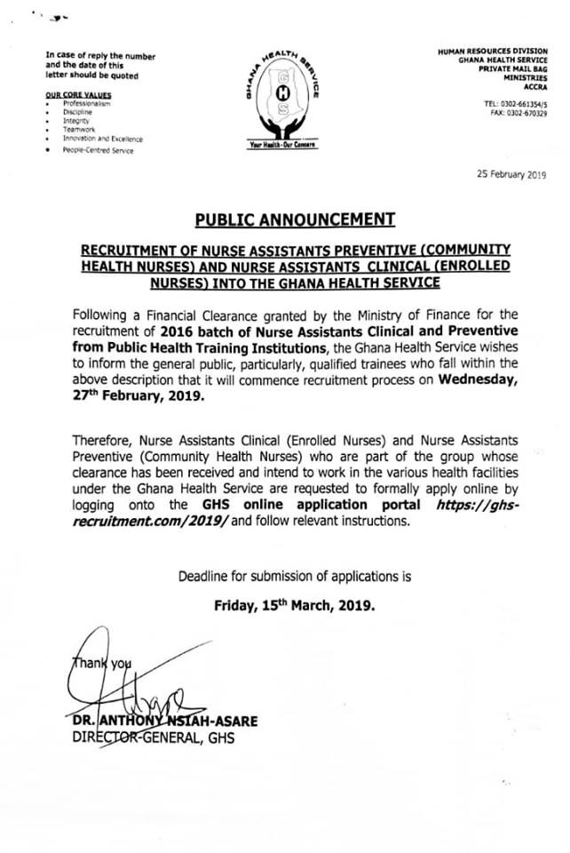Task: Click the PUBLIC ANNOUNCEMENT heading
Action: pos(284,219)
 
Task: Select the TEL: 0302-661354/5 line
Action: pos(515,103)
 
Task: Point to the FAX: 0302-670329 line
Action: pos(518,113)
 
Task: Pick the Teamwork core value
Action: pos(79,131)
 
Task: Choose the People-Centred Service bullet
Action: pos(99,151)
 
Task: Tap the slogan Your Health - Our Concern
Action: pos(282,144)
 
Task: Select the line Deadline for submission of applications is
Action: pos(295,576)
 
